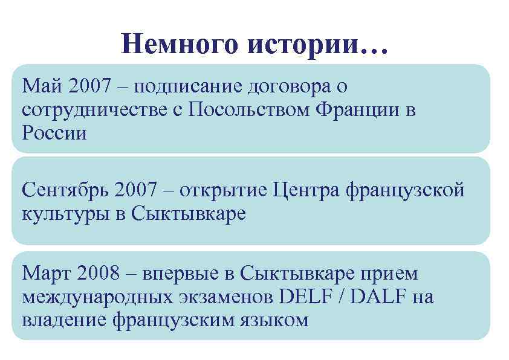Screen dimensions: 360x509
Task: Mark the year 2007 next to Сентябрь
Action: (133, 191)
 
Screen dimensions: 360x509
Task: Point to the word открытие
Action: (221, 191)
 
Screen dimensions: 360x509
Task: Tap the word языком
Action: (276, 319)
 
